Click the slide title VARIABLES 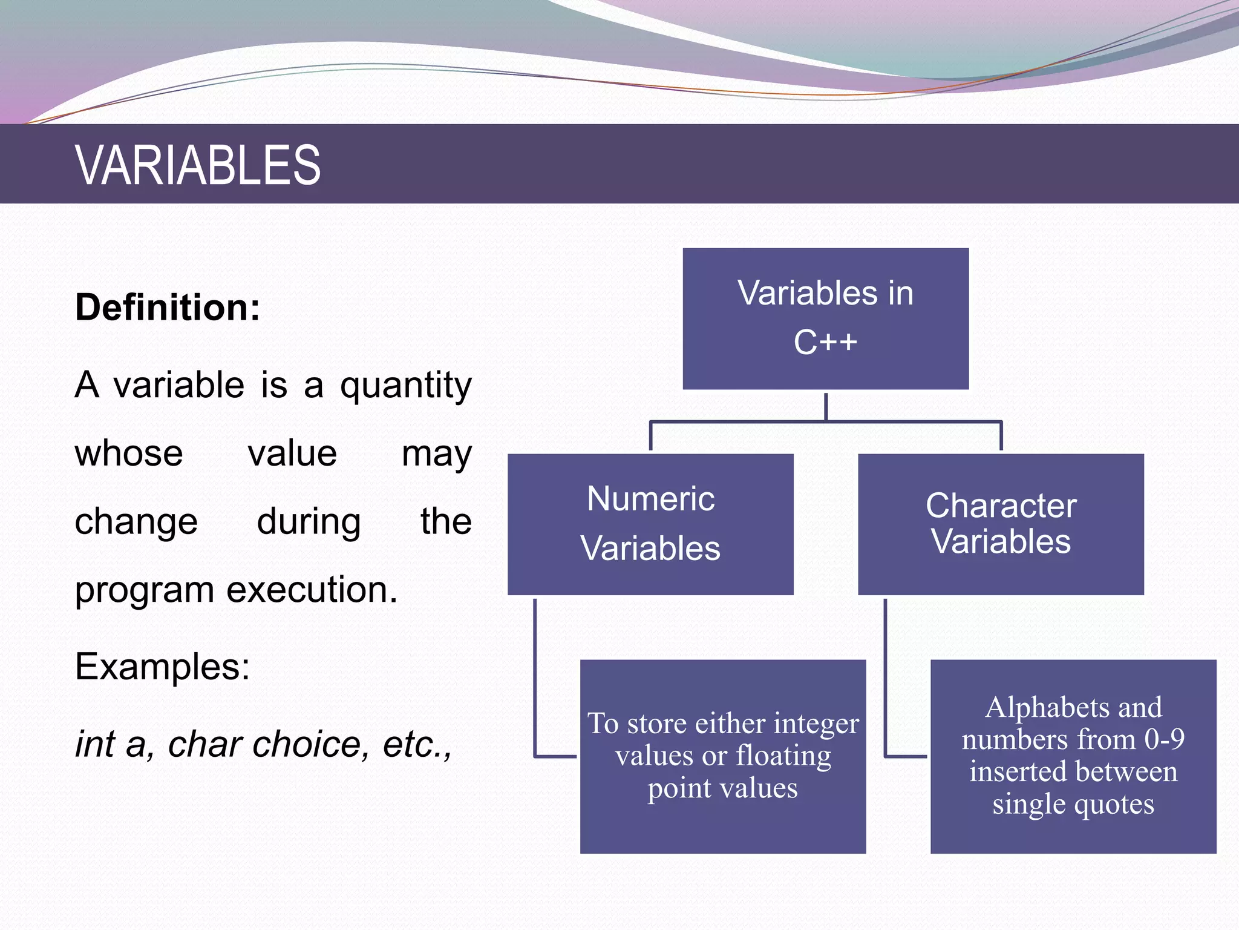(x=198, y=165)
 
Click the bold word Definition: (x=168, y=308)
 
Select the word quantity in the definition (x=405, y=386)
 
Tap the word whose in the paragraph (x=129, y=453)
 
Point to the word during (x=309, y=521)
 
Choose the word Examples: (x=162, y=667)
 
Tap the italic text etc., (x=417, y=744)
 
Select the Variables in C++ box (x=825, y=318)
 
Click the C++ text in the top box (x=825, y=342)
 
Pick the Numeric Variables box (x=650, y=524)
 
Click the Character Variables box (x=1001, y=524)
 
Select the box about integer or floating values (x=722, y=756)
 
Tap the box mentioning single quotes (x=1073, y=756)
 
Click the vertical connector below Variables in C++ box (x=826, y=407)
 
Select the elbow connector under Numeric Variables (x=535, y=696)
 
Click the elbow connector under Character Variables (x=886, y=696)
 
